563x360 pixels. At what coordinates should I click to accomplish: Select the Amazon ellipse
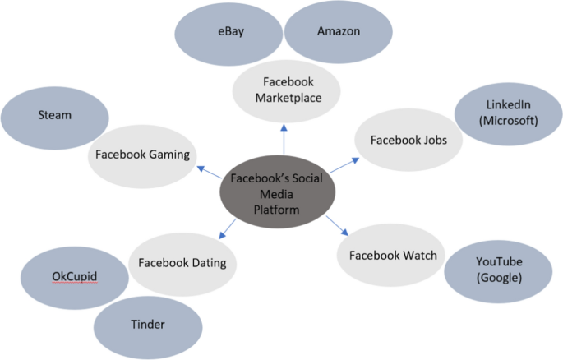point(338,32)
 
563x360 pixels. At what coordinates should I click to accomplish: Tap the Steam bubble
point(55,116)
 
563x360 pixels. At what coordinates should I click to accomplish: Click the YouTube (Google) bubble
point(498,270)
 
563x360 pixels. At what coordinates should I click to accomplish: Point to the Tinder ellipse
point(147,325)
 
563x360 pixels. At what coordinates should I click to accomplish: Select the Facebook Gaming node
point(142,154)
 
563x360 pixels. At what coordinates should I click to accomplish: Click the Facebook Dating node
point(182,263)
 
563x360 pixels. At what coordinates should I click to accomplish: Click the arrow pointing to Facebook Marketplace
point(283,138)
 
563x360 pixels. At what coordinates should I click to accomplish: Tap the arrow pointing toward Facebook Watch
point(335,224)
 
